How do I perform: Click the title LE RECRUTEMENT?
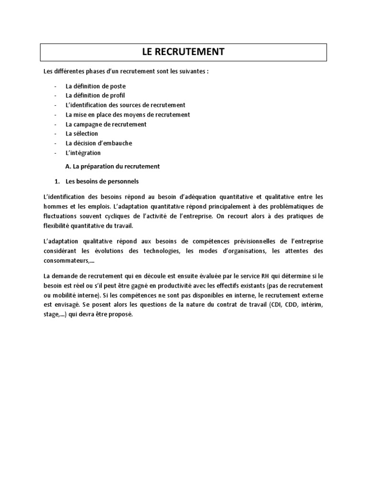pos(183,52)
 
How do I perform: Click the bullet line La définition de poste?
pos(96,86)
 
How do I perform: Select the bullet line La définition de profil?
pos(96,96)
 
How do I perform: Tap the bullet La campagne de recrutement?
pos(106,124)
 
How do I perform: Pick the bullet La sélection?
pos(82,134)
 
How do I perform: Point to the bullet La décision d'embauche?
pos(99,143)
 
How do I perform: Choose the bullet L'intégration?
pos(83,153)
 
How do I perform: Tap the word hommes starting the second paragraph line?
pos(55,206)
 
